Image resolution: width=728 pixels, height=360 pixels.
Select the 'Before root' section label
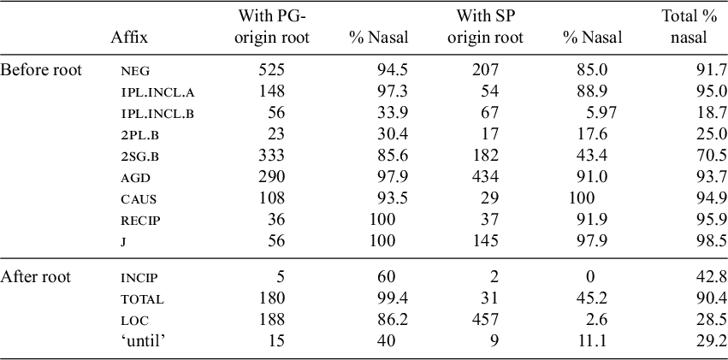click(x=41, y=70)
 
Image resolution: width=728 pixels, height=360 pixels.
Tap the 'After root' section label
click(x=36, y=277)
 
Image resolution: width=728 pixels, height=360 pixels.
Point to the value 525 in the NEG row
click(x=271, y=70)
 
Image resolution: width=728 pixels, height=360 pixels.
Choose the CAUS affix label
click(x=139, y=199)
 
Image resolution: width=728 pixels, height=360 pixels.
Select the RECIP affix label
click(x=141, y=221)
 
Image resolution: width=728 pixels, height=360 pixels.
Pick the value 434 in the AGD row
click(x=486, y=177)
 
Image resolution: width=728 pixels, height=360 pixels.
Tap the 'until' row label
click(x=142, y=340)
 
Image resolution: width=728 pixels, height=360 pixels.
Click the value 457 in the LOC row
click(x=486, y=319)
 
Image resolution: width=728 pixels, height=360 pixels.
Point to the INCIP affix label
click(x=140, y=278)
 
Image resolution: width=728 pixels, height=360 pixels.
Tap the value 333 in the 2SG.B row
click(x=271, y=156)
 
